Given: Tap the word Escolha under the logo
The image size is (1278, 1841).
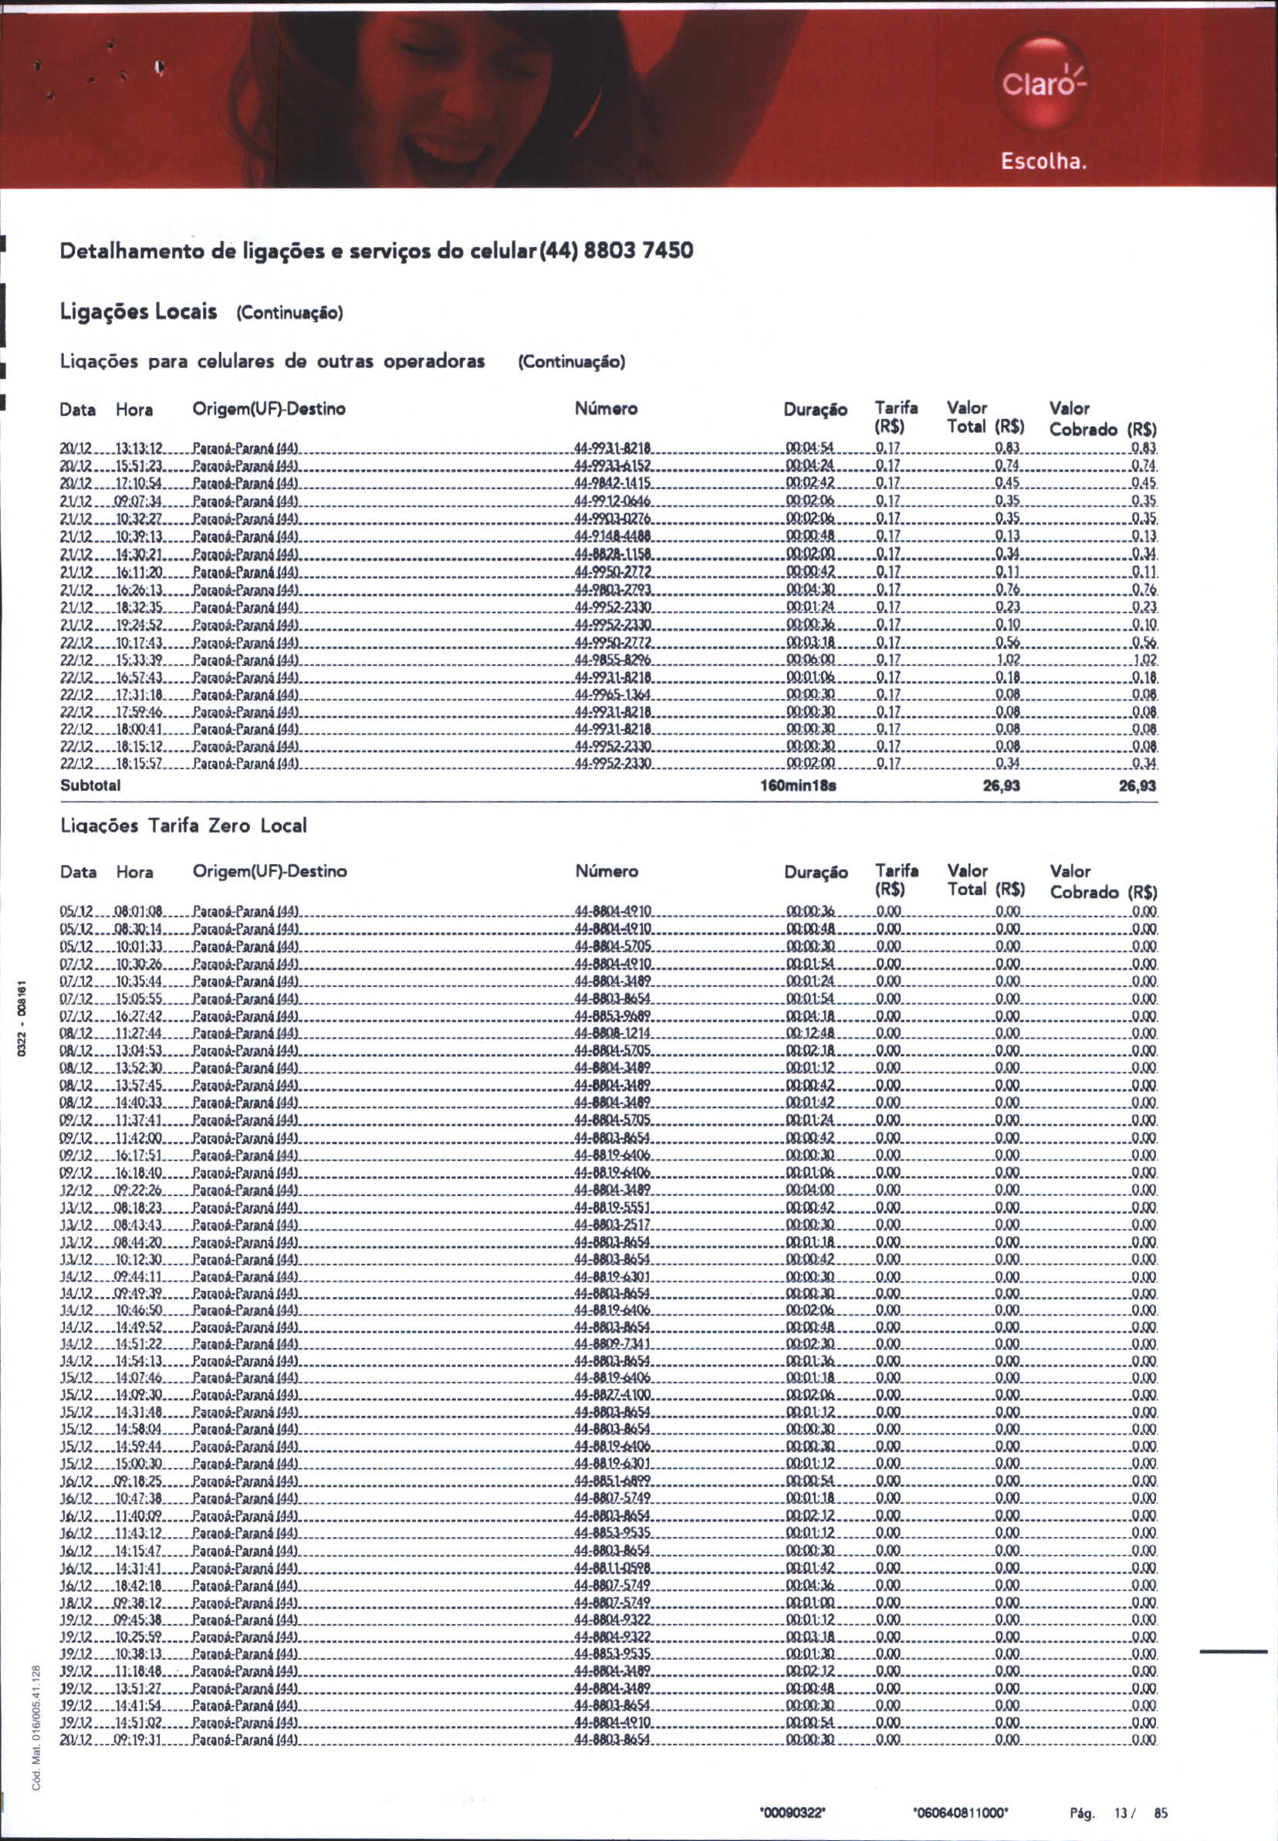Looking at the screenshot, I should point(1043,162).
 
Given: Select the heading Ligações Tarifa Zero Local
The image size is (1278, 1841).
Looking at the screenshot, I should point(184,826).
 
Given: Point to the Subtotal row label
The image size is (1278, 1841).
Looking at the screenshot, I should point(90,785).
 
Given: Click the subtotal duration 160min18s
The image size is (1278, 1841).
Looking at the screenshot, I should point(798,785).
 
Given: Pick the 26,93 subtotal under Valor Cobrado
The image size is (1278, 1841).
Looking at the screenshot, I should point(1136,786).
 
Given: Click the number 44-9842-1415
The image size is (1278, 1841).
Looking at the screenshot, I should point(613,484).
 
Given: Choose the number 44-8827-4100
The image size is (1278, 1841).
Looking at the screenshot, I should point(613,1394).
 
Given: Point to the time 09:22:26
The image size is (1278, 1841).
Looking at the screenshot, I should point(140,1190).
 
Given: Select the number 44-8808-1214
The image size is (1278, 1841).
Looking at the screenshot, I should point(613,1032).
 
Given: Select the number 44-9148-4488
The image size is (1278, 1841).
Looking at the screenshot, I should point(613,536).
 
